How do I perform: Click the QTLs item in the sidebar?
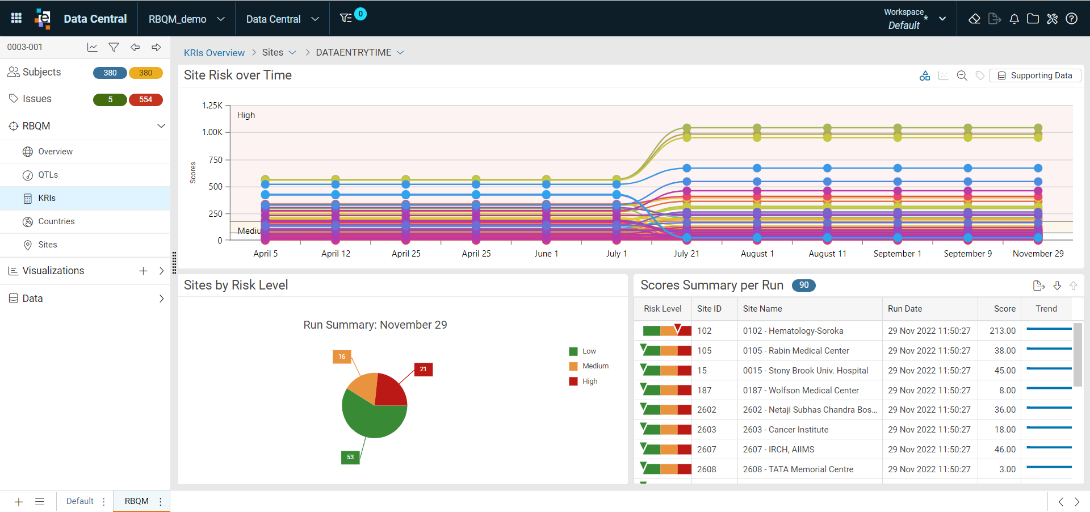[x=48, y=175]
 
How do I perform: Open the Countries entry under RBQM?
[x=56, y=221]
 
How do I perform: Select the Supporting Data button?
[x=1035, y=75]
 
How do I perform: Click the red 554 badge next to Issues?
[x=146, y=99]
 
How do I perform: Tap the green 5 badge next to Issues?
[x=110, y=99]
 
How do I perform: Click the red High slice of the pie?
[x=389, y=390]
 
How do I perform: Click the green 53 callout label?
[x=350, y=457]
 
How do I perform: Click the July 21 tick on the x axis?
[x=686, y=254]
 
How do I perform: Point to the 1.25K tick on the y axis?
[x=212, y=106]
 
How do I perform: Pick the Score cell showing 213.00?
[x=1003, y=331]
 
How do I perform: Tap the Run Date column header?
[x=905, y=309]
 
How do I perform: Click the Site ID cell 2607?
[x=707, y=450]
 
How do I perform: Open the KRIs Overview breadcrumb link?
[x=214, y=53]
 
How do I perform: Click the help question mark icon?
[x=1071, y=19]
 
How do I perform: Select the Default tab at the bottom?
[x=79, y=501]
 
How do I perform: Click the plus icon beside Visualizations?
[x=143, y=271]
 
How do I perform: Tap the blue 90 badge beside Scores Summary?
[x=804, y=286]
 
